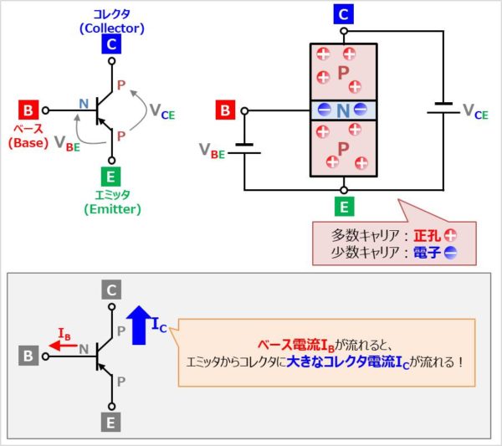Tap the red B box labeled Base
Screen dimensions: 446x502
coord(28,110)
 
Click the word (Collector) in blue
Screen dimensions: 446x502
coord(112,28)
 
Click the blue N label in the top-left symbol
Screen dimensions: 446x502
coord(83,103)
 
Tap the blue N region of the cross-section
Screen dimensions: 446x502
coord(343,110)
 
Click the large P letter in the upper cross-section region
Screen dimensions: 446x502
coord(343,74)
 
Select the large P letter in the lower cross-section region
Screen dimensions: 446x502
coord(343,148)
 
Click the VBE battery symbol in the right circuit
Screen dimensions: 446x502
coord(244,149)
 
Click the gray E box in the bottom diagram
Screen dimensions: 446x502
coord(112,420)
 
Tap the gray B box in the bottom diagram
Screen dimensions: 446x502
coord(28,356)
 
